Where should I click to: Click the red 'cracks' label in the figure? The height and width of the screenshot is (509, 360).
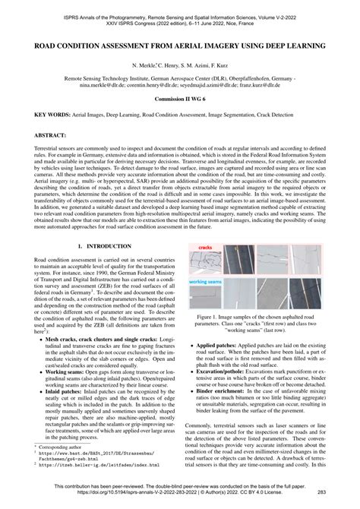coord(205,226)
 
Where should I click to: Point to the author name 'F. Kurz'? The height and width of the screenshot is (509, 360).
coord(229,67)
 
